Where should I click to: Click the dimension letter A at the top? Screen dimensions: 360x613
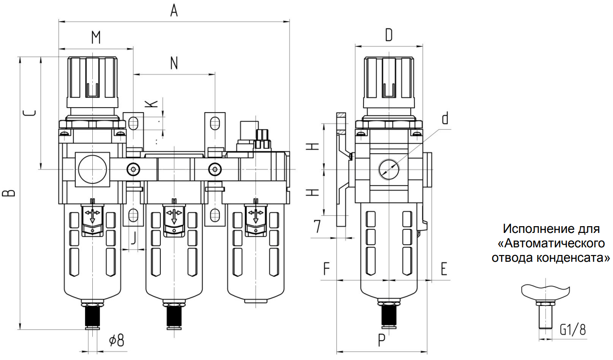click(174, 10)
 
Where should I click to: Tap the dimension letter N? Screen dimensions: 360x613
click(174, 63)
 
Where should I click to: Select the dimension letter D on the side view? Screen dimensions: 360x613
click(389, 34)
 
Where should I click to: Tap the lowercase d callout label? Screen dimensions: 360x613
click(445, 118)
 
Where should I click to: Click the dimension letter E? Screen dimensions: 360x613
click(444, 269)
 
